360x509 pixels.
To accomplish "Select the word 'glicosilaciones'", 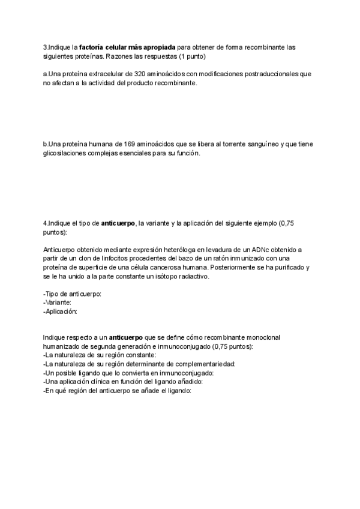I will point(65,154).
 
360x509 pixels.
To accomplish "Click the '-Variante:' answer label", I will point(58,303).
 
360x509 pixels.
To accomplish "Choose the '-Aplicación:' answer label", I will point(61,312).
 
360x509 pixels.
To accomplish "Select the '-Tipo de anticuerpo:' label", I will point(72,294).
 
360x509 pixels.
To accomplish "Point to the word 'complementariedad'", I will point(205,364).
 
